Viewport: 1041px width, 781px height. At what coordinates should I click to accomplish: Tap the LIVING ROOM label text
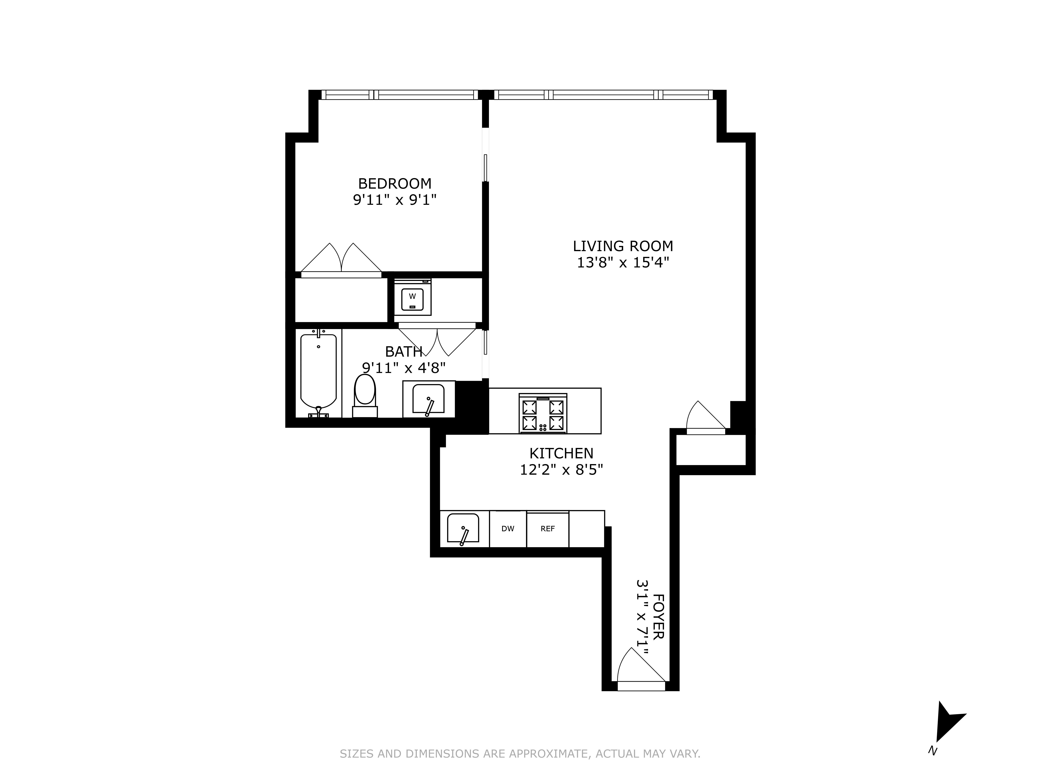(x=623, y=246)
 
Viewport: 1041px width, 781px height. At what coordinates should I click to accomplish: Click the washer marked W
(x=412, y=297)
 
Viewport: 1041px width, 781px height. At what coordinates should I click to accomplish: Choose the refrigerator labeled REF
(x=547, y=529)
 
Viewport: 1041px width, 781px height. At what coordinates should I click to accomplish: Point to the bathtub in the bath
(x=319, y=374)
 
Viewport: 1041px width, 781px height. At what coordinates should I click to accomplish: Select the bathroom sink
(x=428, y=399)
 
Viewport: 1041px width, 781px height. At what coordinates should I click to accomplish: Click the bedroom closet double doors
(x=341, y=264)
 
